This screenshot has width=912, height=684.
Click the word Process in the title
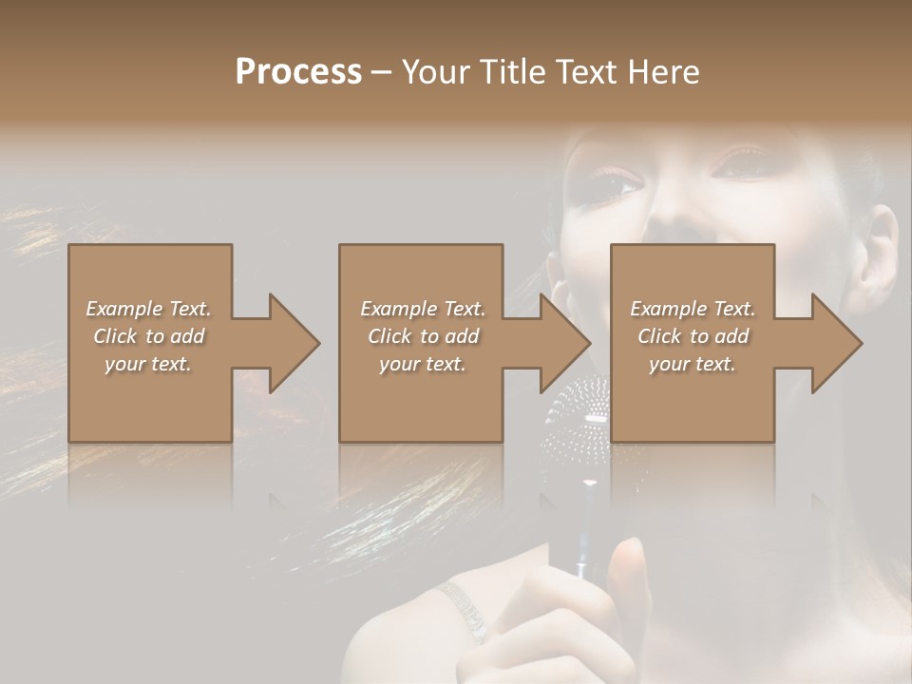[298, 72]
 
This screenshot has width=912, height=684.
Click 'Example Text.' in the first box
[148, 309]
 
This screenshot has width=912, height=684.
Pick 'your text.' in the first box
[148, 364]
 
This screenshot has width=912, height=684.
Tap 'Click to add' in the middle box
[423, 336]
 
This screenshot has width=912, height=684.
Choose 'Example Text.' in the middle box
[423, 309]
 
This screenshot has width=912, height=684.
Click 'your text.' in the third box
[693, 364]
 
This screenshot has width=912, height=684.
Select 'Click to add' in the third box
[693, 336]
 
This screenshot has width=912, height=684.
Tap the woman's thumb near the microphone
[629, 570]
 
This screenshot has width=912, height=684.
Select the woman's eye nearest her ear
[743, 163]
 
